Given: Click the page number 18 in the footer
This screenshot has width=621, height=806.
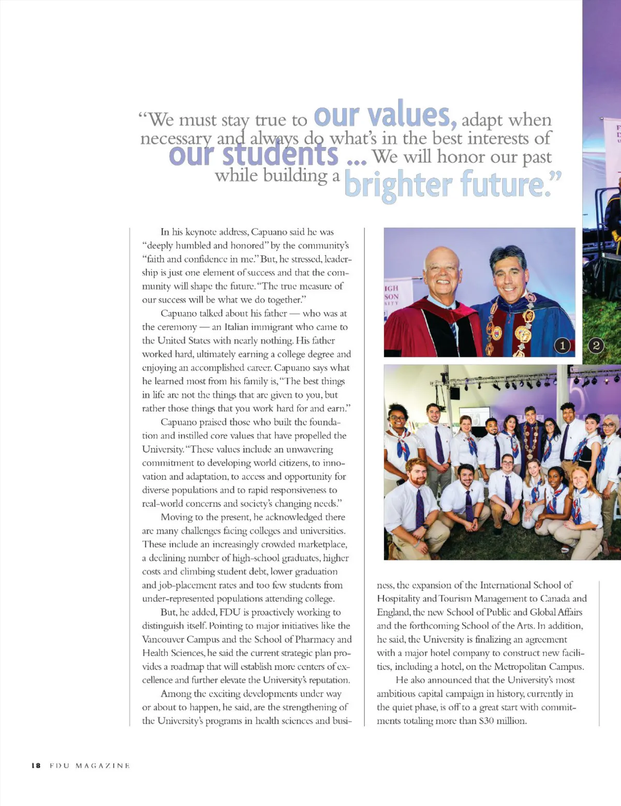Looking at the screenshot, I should pyautogui.click(x=36, y=766).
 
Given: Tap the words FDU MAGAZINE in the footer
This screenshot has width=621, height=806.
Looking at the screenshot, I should pyautogui.click(x=90, y=766).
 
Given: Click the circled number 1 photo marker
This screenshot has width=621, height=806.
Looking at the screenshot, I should pyautogui.click(x=563, y=346).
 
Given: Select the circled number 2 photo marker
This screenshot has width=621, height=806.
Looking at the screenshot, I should pyautogui.click(x=596, y=346).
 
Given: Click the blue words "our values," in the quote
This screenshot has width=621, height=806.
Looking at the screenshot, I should pyautogui.click(x=385, y=116).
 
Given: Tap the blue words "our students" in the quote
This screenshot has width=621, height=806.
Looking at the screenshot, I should pyautogui.click(x=254, y=155).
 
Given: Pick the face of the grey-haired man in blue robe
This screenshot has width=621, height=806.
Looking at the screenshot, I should pyautogui.click(x=509, y=276).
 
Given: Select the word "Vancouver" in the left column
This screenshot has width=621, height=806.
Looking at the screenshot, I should pyautogui.click(x=163, y=639).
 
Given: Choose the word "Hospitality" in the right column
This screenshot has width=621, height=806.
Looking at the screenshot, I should pyautogui.click(x=398, y=599).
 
